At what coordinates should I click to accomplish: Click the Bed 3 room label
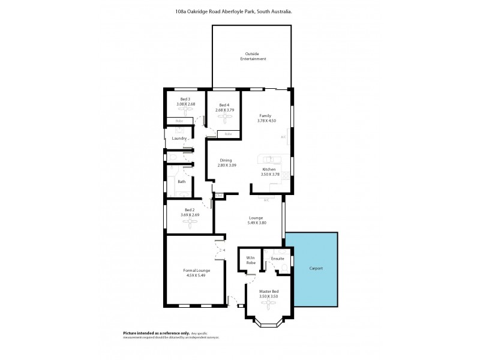tap(185, 99)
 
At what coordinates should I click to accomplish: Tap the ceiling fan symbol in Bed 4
tap(224, 119)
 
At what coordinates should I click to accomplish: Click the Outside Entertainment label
tap(251, 56)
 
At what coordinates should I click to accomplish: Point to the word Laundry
tap(179, 139)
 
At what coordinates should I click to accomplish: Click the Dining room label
tap(226, 160)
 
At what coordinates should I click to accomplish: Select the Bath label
tap(181, 181)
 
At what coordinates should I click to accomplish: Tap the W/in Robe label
tap(251, 261)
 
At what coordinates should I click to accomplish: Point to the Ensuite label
tap(277, 259)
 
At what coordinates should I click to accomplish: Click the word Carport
tap(316, 268)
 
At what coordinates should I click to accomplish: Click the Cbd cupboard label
tap(220, 196)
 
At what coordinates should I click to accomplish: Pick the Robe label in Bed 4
tap(228, 134)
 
